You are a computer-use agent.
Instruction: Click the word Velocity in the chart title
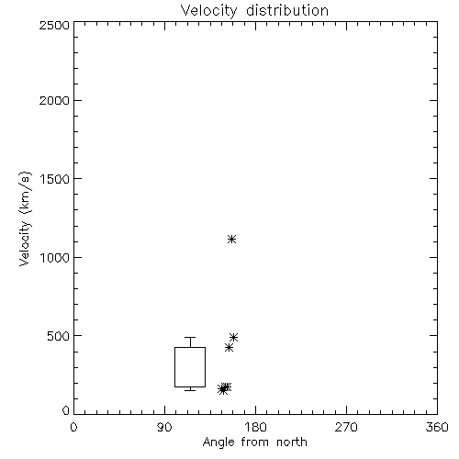[x=209, y=11]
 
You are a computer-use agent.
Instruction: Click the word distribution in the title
[x=287, y=10]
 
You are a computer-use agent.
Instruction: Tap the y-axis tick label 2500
[x=54, y=25]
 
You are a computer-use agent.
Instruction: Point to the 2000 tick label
[x=54, y=100]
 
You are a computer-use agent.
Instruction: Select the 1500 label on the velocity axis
[x=55, y=179]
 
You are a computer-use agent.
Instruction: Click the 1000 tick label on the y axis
[x=55, y=257]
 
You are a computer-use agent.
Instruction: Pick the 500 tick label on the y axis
[x=59, y=336]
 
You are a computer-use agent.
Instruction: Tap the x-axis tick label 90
[x=164, y=427]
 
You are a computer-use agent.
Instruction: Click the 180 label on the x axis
[x=255, y=427]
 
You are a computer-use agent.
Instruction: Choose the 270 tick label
[x=346, y=427]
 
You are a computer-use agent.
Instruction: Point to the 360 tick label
[x=437, y=427]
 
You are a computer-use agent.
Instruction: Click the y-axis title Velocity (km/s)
[x=25, y=218]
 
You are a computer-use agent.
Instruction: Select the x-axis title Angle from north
[x=255, y=442]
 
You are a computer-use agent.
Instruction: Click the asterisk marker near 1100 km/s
[x=232, y=239]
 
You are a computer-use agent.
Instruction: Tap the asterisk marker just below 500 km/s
[x=234, y=337]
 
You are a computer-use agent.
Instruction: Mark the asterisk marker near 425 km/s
[x=229, y=348]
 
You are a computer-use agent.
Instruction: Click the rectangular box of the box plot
[x=174, y=367]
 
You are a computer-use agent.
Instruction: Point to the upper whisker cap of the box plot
[x=190, y=337]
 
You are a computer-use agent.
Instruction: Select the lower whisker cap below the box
[x=190, y=390]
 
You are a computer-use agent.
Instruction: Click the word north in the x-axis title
[x=292, y=442]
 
